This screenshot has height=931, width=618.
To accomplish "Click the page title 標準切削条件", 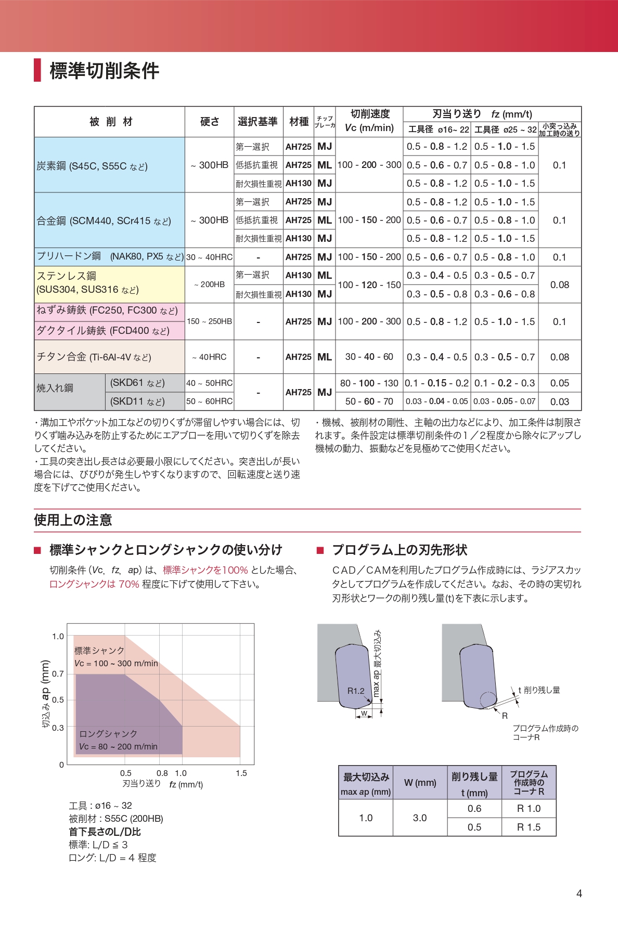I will [104, 71].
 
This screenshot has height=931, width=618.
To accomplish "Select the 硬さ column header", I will [210, 122].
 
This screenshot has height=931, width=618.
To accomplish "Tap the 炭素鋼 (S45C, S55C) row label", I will [92, 166].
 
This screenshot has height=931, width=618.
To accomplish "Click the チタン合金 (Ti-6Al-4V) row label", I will [94, 357].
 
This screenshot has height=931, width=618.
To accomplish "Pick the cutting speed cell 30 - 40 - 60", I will [369, 357].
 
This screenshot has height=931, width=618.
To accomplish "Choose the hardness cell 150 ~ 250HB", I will [209, 321].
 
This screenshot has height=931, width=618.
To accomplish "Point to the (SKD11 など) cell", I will [137, 402].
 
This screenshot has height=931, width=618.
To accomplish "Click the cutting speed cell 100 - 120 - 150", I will [369, 285].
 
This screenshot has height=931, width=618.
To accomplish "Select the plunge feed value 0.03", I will [559, 402].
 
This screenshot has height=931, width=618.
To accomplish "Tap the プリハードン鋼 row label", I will [109, 256].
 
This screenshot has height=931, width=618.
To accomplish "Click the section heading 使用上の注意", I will [73, 520].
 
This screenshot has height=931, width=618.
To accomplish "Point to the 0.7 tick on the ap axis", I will [58, 674].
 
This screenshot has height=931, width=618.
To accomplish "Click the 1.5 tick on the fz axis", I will [241, 773].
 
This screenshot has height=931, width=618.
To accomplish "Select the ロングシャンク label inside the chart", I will [108, 733].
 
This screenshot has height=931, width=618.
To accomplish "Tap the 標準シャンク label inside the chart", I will [99, 651].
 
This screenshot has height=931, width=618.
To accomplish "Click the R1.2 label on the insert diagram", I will [356, 691].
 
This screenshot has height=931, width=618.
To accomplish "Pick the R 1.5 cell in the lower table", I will [529, 827].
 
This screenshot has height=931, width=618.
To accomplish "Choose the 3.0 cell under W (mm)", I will [420, 818].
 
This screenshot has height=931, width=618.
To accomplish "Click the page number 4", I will [579, 894].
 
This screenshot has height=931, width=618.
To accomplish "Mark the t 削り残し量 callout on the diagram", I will [539, 690].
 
